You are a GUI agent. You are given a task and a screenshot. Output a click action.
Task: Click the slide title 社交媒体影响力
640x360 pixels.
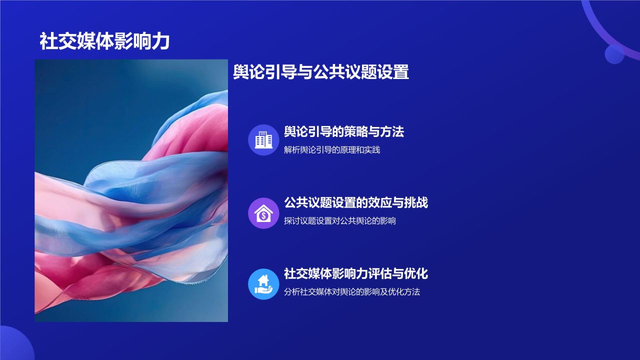104,42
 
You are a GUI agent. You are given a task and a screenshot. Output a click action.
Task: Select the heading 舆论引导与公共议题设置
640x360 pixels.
321,72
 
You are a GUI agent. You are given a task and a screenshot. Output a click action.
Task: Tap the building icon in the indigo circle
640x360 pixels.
263,139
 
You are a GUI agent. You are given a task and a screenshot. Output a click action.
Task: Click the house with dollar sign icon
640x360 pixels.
263,213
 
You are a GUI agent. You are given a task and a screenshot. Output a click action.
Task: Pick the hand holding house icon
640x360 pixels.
263,284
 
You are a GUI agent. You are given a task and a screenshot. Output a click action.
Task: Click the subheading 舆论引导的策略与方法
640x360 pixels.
343,132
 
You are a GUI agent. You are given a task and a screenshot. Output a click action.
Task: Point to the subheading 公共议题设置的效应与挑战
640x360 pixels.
355,203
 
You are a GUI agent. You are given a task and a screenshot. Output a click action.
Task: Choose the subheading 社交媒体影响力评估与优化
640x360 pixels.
355,274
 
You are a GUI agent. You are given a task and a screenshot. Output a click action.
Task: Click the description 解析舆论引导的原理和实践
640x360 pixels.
332,149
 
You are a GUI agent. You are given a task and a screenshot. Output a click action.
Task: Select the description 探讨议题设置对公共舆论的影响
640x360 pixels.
340,220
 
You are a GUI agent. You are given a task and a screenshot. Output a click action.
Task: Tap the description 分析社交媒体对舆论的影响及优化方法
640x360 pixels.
352,292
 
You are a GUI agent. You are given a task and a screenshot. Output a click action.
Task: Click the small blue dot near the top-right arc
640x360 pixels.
614,54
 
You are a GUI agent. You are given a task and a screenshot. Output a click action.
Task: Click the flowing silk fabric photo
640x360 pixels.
131,190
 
